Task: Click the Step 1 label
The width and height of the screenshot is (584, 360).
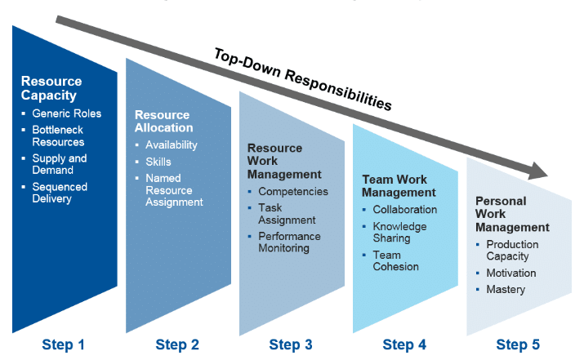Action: point(63,344)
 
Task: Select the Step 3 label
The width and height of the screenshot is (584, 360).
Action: point(290,344)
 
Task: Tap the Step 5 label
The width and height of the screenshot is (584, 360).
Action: point(518,344)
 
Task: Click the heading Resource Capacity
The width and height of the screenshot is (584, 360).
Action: point(51,88)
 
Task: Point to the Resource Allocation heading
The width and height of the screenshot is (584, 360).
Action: point(163,121)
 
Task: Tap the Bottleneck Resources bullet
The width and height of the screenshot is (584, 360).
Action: point(58,136)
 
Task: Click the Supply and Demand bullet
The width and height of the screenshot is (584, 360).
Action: point(59,164)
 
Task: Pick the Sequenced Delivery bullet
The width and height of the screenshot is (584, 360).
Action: point(60,193)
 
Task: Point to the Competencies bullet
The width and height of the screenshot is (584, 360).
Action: point(292,191)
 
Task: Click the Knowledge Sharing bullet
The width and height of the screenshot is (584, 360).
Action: point(399,232)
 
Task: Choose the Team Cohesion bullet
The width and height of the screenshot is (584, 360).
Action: point(395,260)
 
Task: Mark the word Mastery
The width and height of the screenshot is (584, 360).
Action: point(506,289)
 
